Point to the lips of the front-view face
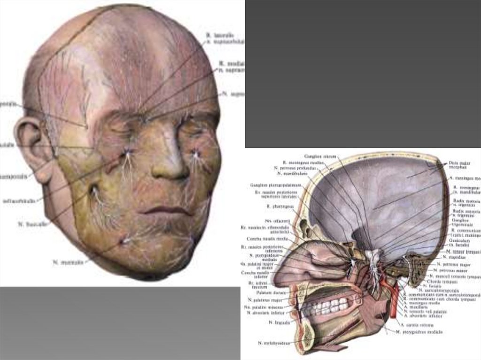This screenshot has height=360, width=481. pos(167,211)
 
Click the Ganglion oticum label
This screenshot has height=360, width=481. pos(318,156)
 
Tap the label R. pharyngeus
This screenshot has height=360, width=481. pos(276,206)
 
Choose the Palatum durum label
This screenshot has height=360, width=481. pos(267,292)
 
